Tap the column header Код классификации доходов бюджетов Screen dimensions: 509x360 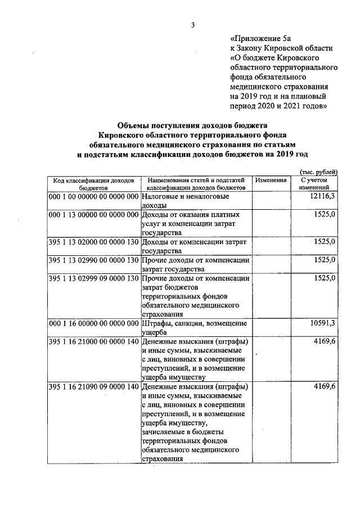click(93, 184)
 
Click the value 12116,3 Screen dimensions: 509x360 click(323, 197)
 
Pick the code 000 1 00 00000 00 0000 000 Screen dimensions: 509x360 click(93, 197)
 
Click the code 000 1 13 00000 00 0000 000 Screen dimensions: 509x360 click(93, 215)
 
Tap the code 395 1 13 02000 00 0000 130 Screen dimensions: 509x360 click(93, 242)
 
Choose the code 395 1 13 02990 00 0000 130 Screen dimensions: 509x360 click(93, 260)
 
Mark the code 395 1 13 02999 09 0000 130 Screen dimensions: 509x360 click(93, 278)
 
